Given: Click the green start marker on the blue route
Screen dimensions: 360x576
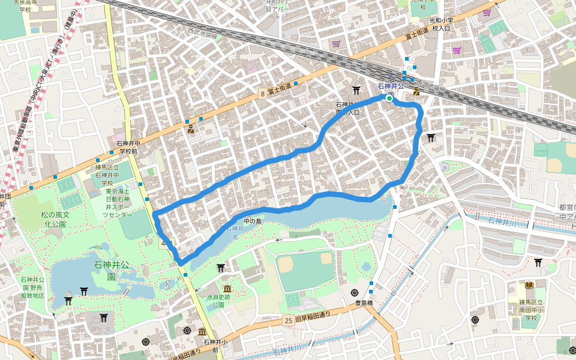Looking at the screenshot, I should pos(389,99).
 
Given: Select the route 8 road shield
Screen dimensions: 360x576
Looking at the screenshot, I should pos(263,94).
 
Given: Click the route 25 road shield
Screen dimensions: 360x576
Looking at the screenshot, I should pos(289,322).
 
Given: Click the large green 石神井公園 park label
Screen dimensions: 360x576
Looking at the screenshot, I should pos(112,270).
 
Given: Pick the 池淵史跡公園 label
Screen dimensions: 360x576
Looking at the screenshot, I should pos(215,301).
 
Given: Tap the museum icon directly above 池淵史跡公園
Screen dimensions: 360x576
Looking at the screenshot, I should pos(227,289).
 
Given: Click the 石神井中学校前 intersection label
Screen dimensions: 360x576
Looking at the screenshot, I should pos(127,148).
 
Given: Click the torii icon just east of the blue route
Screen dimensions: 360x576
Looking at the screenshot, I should pos(431,137).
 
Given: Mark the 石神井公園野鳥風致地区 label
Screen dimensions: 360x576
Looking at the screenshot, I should pos(32,287).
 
